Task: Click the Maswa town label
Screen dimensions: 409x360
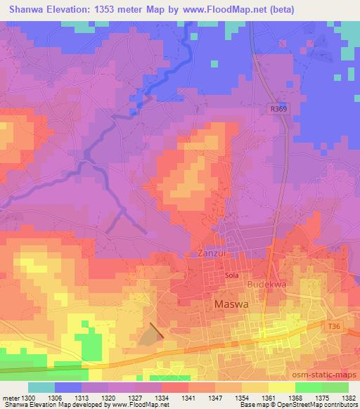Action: [229, 306]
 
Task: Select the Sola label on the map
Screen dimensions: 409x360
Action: [232, 276]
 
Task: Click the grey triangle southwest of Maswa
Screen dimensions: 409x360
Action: [149, 336]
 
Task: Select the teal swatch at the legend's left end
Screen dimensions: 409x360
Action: [41, 387]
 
